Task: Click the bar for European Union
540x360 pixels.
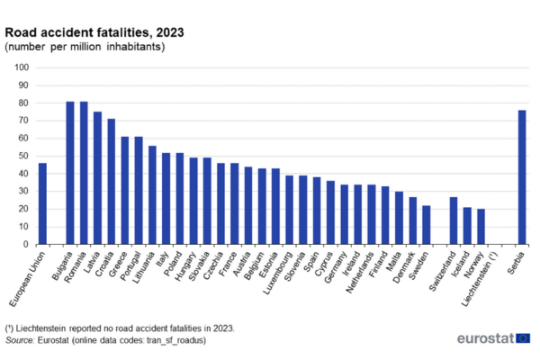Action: (x=42, y=203)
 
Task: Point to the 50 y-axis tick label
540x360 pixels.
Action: (x=24, y=156)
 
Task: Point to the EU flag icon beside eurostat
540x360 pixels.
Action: (x=523, y=338)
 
